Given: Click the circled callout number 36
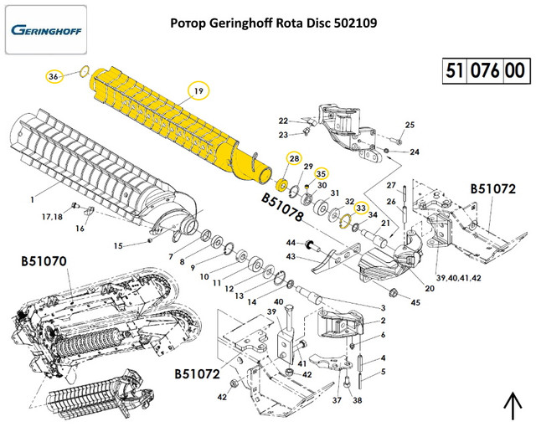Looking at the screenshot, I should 53,76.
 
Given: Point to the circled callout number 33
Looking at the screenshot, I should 361,208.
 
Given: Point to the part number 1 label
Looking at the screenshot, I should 32,198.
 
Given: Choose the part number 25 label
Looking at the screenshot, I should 410,126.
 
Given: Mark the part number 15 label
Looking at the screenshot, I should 118,245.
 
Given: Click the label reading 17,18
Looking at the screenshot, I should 52,216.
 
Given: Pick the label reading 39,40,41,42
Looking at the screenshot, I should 459,276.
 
